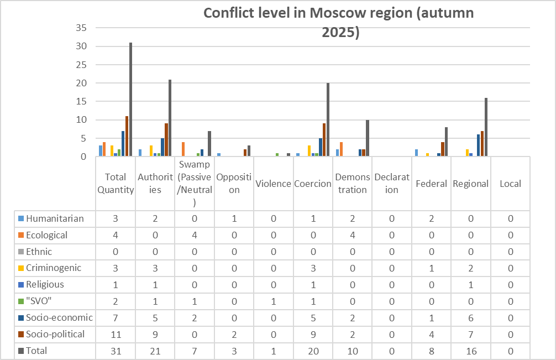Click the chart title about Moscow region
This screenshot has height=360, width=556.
click(339, 22)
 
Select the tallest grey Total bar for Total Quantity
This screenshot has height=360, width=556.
click(131, 100)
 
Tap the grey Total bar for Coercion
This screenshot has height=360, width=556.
click(328, 119)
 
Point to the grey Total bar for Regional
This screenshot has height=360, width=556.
click(486, 127)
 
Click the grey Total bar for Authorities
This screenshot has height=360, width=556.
click(170, 118)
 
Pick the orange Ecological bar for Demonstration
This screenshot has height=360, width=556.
click(341, 149)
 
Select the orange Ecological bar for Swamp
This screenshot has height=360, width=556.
click(183, 149)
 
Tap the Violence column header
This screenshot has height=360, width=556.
click(273, 184)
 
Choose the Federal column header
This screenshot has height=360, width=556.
click(431, 184)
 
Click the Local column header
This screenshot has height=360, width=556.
click(510, 184)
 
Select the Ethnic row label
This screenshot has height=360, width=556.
click(39, 252)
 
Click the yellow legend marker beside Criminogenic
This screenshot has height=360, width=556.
click(22, 268)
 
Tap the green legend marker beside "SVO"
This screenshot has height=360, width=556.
click(22, 301)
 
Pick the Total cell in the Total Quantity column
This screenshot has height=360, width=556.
click(116, 351)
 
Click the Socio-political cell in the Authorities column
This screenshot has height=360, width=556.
click(155, 334)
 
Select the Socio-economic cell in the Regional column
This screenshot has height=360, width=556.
click(470, 317)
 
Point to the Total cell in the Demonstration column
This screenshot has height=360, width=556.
click(352, 351)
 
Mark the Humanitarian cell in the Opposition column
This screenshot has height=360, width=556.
click(234, 218)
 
